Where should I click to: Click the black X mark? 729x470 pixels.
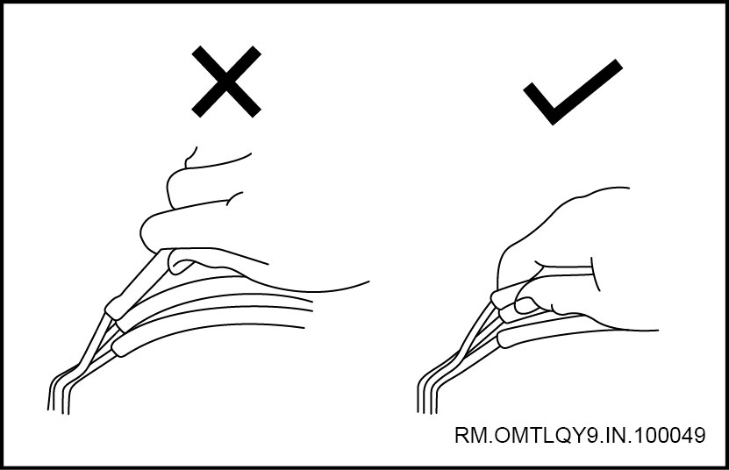click(x=226, y=82)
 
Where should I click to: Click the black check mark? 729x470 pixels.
click(x=573, y=92)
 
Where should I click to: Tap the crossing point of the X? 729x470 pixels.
click(x=226, y=82)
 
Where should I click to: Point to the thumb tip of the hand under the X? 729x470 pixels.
click(x=179, y=263)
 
